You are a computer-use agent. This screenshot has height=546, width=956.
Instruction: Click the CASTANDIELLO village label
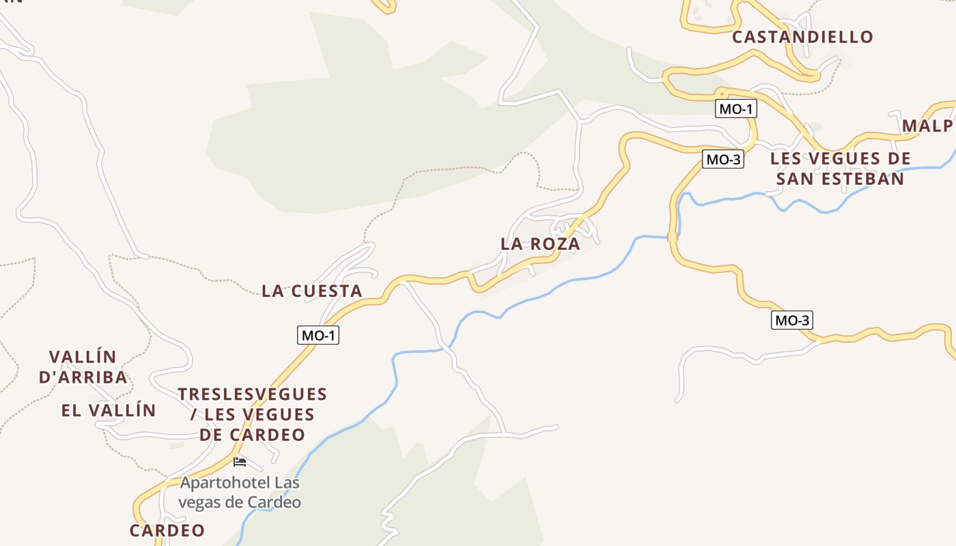802,37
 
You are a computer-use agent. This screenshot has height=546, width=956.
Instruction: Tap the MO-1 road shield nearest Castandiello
736,109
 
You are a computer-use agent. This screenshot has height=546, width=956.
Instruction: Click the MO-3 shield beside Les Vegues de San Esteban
722,160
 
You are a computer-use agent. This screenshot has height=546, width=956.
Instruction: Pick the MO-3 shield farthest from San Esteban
792,320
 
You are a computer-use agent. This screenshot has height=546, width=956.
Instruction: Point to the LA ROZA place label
540,244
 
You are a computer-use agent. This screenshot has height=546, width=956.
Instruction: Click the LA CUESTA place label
312,291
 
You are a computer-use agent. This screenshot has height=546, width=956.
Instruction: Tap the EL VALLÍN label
109,410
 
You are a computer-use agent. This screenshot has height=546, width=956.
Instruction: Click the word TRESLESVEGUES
253,394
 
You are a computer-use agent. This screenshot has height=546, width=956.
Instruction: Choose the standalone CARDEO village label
167,530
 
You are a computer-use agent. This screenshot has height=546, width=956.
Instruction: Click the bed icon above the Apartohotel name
239,462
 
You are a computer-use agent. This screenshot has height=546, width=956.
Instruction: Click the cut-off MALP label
927,126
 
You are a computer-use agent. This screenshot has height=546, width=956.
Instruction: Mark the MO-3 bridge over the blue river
673,237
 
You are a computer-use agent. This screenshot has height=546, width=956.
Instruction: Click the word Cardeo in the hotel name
277,502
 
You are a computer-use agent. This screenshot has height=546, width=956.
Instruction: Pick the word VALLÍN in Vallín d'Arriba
83,357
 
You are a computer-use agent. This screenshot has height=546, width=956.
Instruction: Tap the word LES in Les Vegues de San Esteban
785,159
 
